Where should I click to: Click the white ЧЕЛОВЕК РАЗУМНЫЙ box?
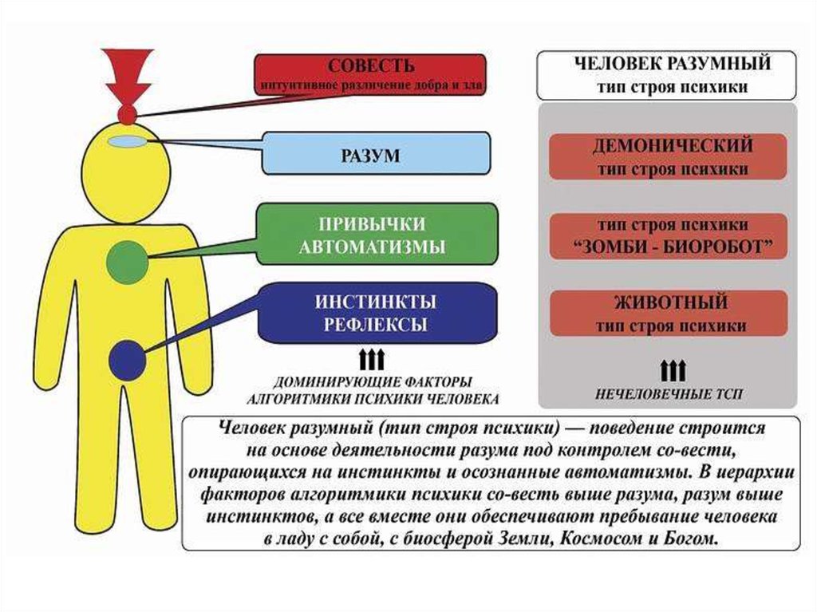coord(667,75)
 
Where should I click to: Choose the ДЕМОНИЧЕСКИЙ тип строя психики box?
coord(667,157)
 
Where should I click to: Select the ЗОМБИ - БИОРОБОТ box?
coord(667,236)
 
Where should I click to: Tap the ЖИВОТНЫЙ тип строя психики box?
coord(667,314)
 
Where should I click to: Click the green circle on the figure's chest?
coord(126,262)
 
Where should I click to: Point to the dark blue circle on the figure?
coord(125,361)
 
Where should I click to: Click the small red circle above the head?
coord(127,114)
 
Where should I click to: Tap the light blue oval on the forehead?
coord(127,141)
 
